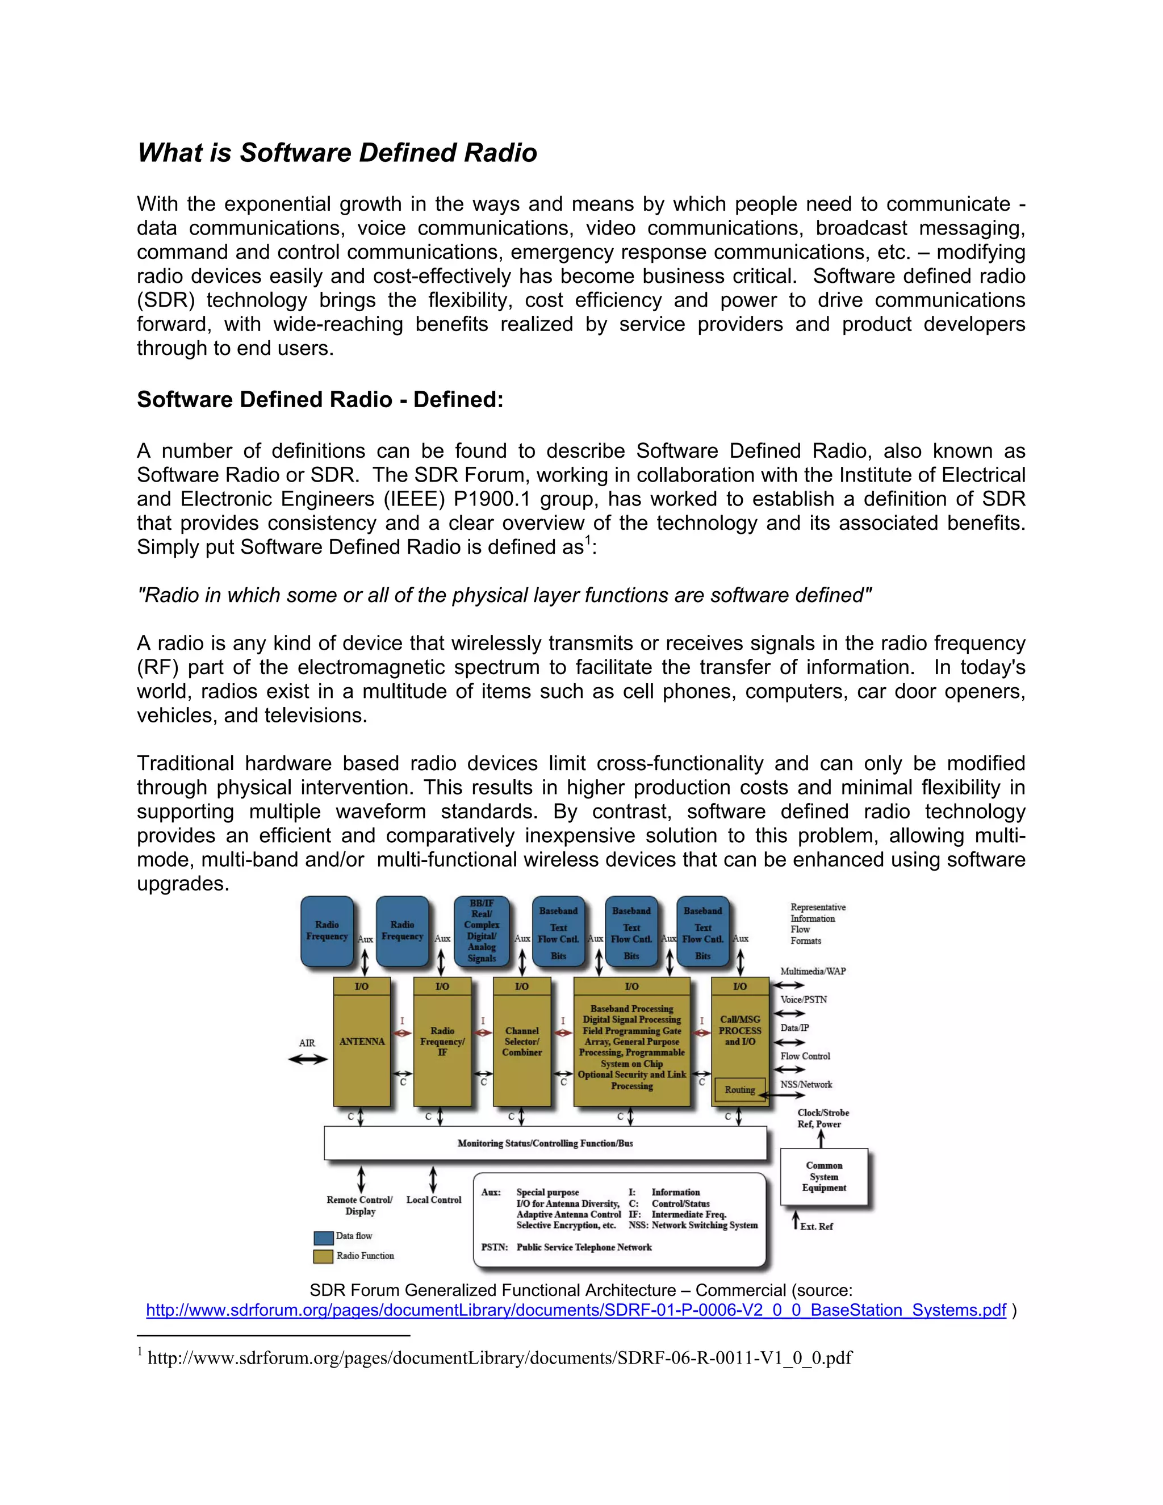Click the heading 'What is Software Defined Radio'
(x=337, y=153)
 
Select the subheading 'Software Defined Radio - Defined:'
(x=320, y=400)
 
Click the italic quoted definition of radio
(x=504, y=595)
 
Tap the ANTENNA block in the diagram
(x=362, y=1042)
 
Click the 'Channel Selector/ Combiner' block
(x=521, y=1042)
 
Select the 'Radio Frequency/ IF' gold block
(x=442, y=1042)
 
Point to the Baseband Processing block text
(x=632, y=1047)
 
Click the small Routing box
(x=739, y=1090)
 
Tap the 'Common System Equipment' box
(x=824, y=1177)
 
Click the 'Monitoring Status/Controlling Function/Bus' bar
(x=545, y=1143)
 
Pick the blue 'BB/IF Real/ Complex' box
(x=482, y=930)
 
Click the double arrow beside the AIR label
(x=307, y=1060)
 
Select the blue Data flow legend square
(x=323, y=1237)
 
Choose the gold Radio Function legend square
(x=323, y=1256)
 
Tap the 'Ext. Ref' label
(x=817, y=1227)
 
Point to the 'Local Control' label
(x=433, y=1199)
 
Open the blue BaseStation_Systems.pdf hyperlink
(x=576, y=1310)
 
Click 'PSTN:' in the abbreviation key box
(x=494, y=1247)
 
